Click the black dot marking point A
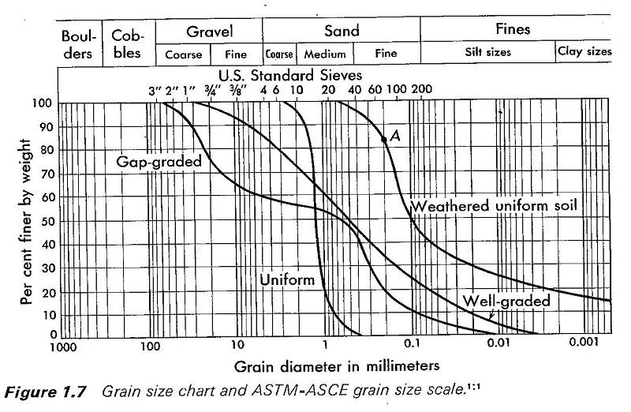click(x=384, y=139)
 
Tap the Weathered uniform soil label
click(x=495, y=205)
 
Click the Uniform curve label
click(x=287, y=280)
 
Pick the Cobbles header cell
click(x=127, y=45)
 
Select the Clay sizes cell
click(x=584, y=53)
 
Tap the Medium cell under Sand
click(x=325, y=54)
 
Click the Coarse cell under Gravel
click(x=183, y=54)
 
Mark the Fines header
click(x=513, y=30)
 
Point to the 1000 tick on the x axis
click(x=62, y=346)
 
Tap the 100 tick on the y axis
click(x=44, y=103)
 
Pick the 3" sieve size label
click(x=155, y=89)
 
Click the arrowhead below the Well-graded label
click(x=490, y=316)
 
